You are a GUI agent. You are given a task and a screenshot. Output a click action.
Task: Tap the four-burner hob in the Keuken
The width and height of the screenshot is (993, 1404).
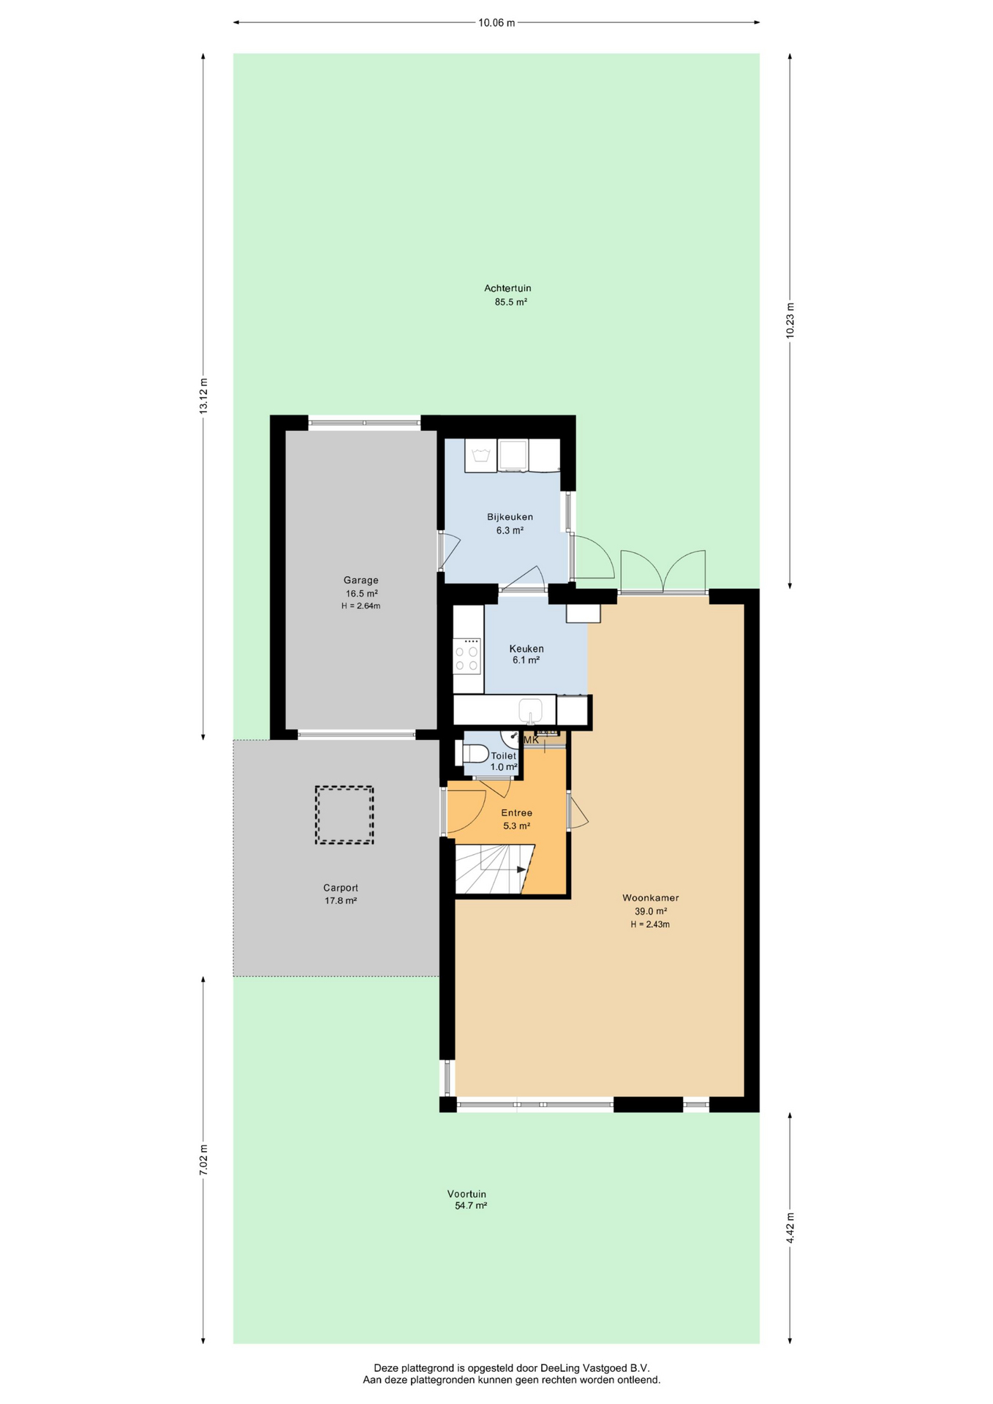(x=467, y=655)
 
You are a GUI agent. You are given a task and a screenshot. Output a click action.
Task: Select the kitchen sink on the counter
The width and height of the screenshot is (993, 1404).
(x=530, y=710)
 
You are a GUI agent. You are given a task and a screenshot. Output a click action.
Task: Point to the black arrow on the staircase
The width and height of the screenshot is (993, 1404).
(x=521, y=869)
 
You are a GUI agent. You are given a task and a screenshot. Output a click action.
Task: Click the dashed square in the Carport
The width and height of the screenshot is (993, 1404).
(x=344, y=815)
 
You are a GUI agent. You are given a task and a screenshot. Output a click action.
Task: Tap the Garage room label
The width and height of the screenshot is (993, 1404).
(x=361, y=580)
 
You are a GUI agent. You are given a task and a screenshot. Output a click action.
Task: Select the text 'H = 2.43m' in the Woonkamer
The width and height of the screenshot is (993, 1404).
(x=650, y=924)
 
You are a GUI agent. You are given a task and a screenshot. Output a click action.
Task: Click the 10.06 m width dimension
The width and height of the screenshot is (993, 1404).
(x=496, y=23)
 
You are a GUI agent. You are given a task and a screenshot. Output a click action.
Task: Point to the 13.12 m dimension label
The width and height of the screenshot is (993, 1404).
(x=204, y=396)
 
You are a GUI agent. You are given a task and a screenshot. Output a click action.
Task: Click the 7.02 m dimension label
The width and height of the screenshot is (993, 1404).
(x=204, y=1160)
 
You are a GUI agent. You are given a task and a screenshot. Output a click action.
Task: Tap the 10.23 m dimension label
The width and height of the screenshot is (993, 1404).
(x=790, y=320)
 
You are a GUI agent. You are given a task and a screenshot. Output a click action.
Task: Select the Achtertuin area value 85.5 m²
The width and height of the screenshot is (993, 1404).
(x=511, y=301)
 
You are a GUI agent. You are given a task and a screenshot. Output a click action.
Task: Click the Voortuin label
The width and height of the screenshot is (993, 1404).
(x=467, y=1194)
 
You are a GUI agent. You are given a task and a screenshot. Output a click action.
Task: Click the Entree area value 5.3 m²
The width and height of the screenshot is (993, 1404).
(x=516, y=826)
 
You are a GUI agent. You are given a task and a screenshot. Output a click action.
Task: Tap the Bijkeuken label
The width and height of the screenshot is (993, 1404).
(x=510, y=517)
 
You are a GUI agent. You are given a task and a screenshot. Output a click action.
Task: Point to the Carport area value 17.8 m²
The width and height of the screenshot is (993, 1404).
(x=341, y=900)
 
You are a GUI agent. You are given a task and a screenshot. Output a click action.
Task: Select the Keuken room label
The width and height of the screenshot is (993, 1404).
(x=526, y=649)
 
